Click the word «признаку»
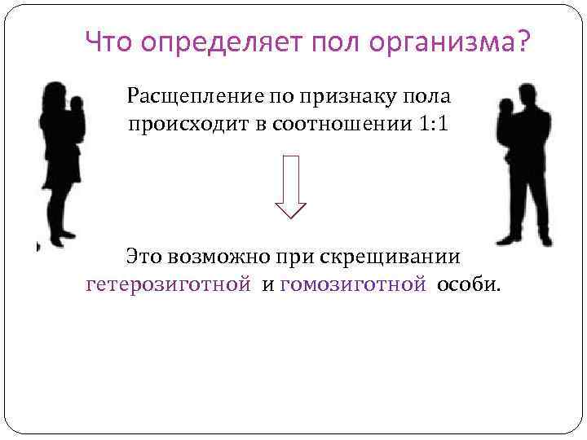coord(342,97)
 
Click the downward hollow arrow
coord(291,186)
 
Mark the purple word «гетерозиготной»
coord(168,284)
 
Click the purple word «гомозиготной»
coord(353,284)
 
